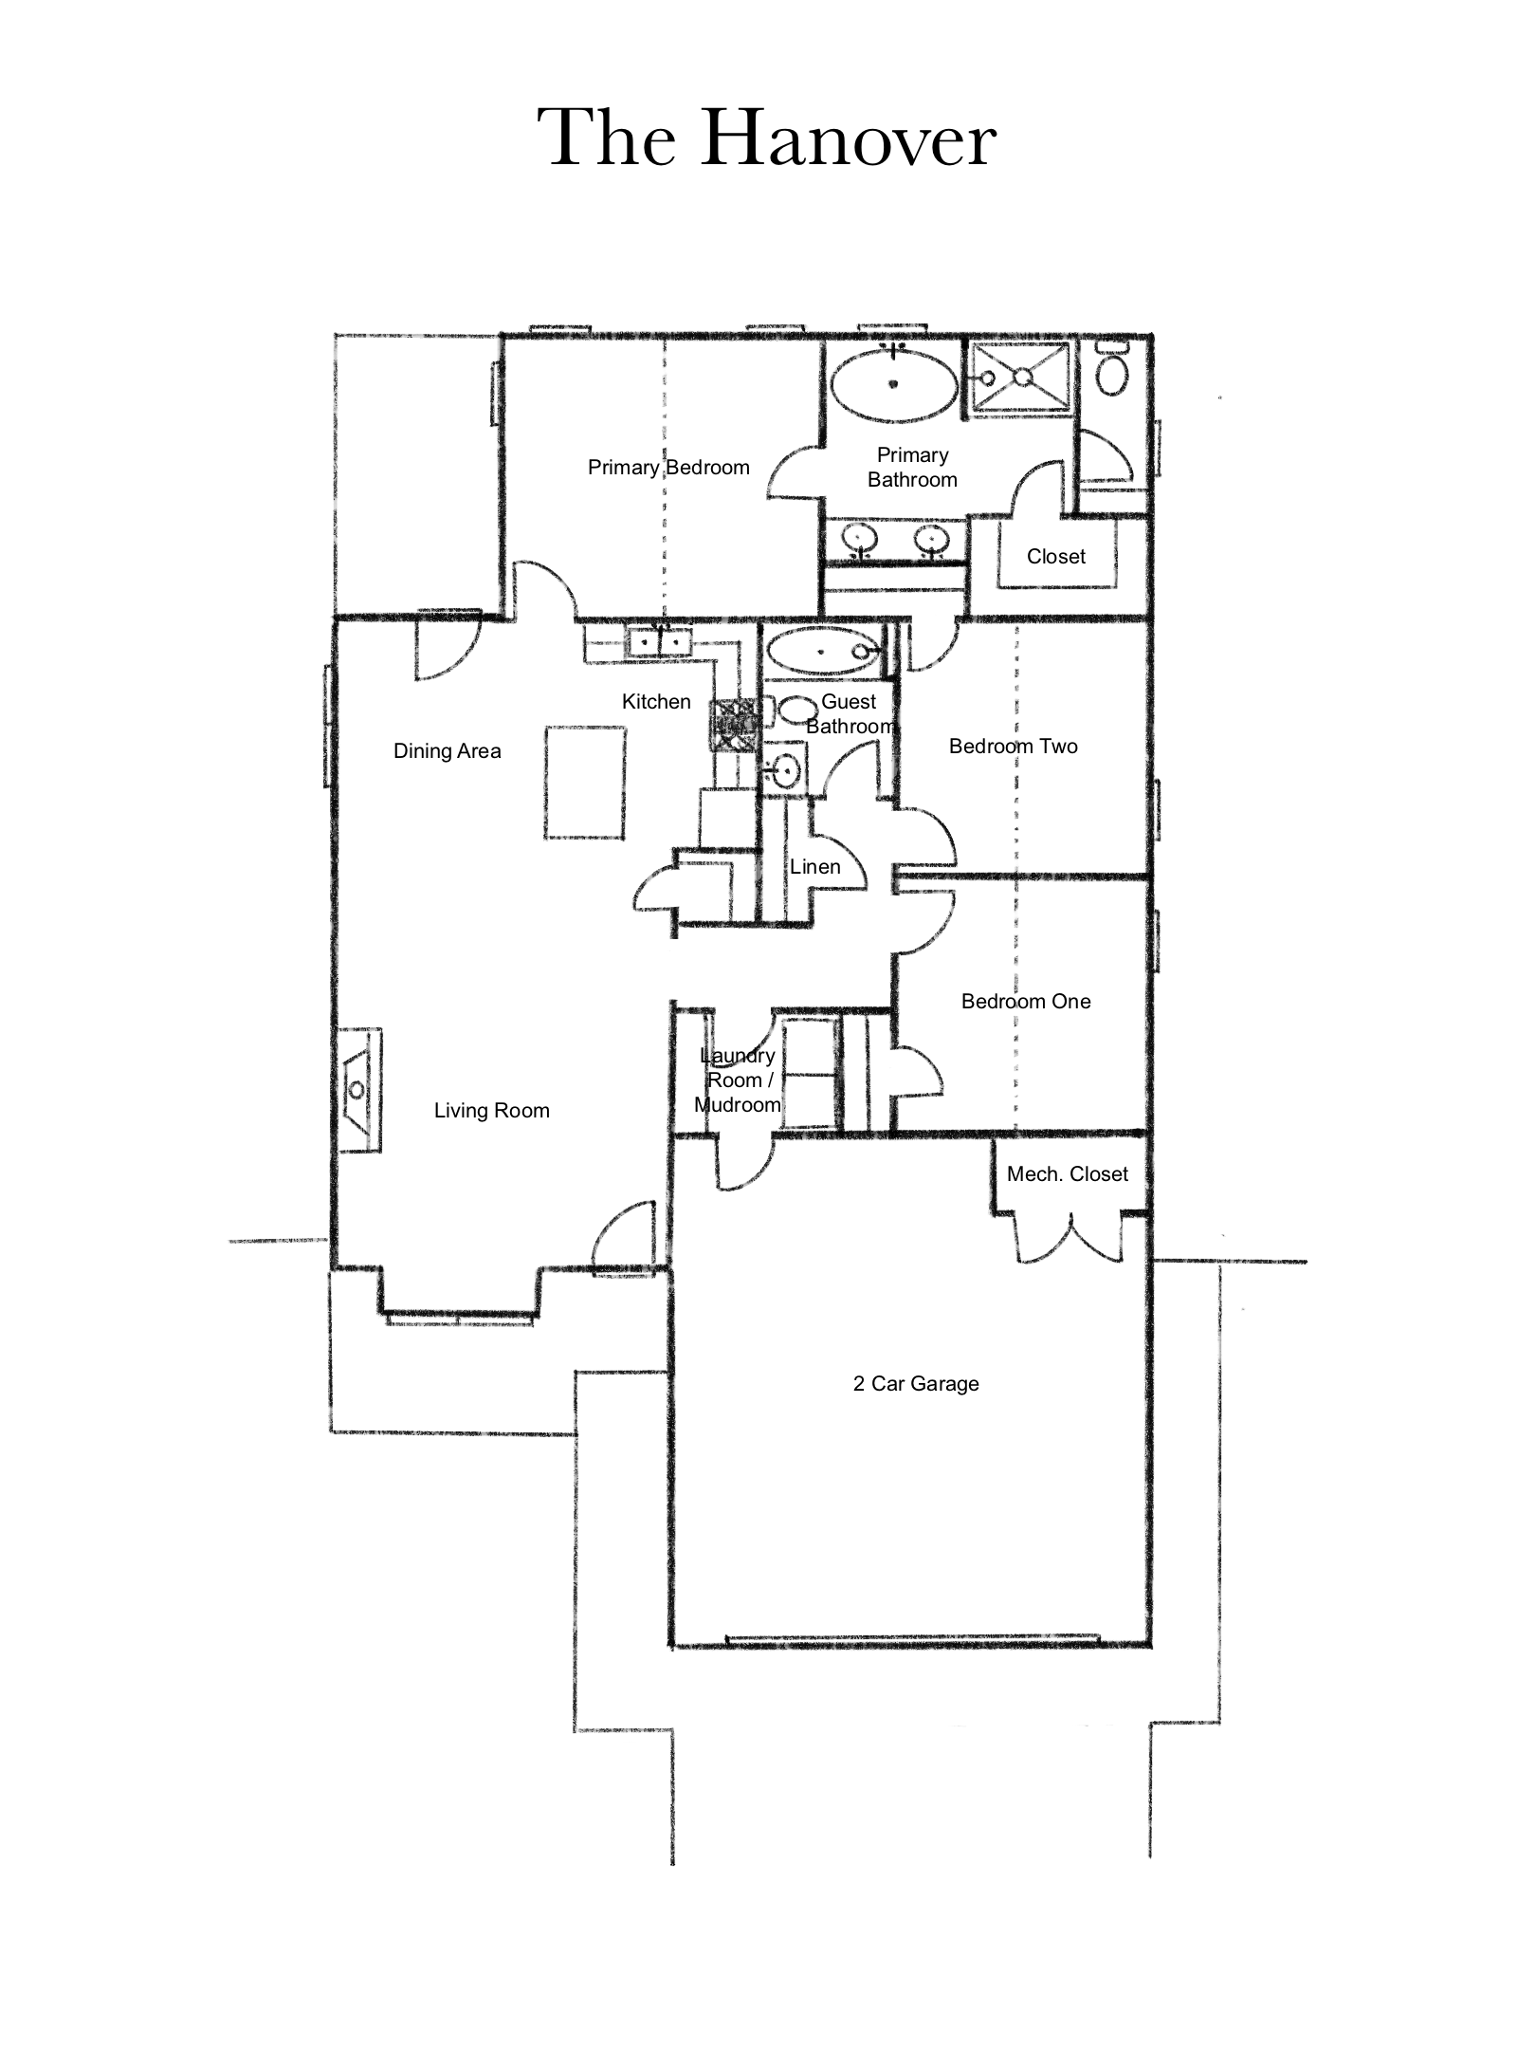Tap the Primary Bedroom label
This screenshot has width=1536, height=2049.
[x=668, y=468]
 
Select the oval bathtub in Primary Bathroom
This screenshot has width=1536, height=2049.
[x=893, y=384]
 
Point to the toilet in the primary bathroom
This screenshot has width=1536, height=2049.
[x=1112, y=369]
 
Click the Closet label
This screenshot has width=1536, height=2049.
[x=1056, y=557]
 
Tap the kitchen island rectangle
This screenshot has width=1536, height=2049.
[x=585, y=783]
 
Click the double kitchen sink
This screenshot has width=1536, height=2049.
[x=661, y=643]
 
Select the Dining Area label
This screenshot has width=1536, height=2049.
[x=447, y=751]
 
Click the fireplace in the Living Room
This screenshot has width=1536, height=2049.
[x=359, y=1090]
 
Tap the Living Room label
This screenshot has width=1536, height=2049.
[x=491, y=1111]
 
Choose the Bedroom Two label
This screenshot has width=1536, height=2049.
[x=1014, y=747]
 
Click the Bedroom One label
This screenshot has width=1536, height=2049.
[x=1026, y=1002]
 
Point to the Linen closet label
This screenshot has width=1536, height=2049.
[x=815, y=867]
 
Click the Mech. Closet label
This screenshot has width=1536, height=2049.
[x=1068, y=1174]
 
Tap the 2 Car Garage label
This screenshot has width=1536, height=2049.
[x=916, y=1384]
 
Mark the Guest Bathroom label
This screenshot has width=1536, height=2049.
[x=850, y=714]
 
